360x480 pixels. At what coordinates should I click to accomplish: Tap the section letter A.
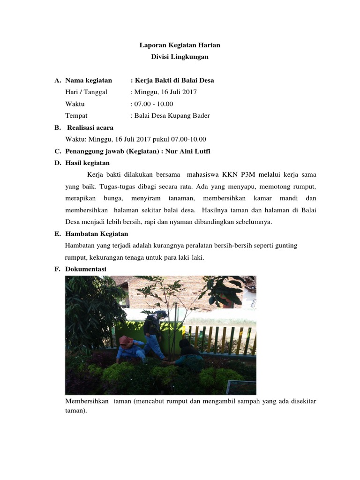click(57, 80)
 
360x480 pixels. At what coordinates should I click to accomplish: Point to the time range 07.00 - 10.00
click(153, 104)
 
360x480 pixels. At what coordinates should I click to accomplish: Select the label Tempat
click(76, 115)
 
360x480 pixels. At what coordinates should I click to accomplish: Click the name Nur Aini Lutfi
click(194, 151)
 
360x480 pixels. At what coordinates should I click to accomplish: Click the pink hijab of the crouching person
click(125, 340)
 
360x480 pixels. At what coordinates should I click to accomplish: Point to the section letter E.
click(57, 233)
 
